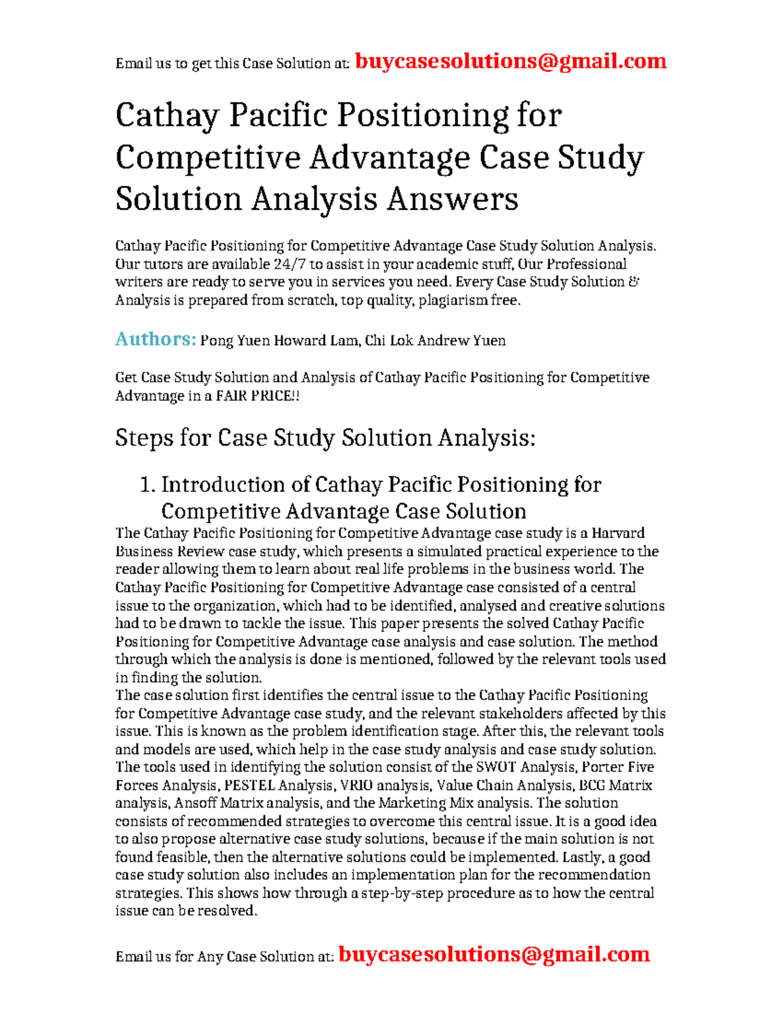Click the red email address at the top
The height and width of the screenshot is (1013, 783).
coord(510,61)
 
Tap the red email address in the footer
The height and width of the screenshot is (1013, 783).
coord(494,954)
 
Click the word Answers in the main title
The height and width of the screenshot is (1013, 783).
coord(452,199)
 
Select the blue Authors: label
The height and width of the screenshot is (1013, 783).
coord(155,339)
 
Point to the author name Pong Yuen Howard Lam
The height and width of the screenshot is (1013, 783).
coord(279,340)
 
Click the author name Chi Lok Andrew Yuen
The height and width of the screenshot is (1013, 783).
coord(435,340)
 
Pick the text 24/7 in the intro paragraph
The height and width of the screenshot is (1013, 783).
coord(290,264)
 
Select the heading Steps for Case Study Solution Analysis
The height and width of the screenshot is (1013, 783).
coord(325,438)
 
